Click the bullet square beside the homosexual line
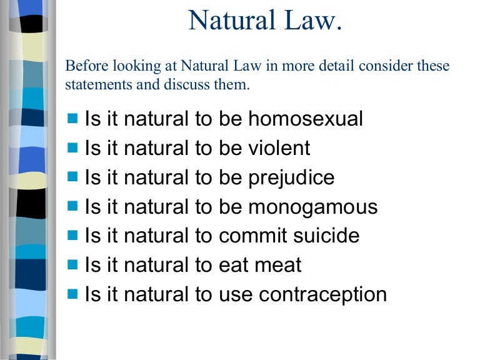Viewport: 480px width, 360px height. click(72, 117)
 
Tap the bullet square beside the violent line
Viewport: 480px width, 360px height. click(72, 147)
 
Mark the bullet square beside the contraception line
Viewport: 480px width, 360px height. click(72, 292)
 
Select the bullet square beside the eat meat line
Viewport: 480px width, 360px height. click(72, 264)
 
